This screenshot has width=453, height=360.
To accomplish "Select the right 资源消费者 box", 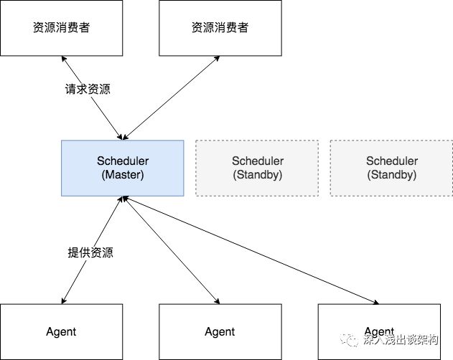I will click(220, 28).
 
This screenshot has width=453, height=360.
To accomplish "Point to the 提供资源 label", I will click(90, 252).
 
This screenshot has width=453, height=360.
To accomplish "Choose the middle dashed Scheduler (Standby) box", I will click(257, 168).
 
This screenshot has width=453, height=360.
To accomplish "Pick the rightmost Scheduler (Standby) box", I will click(391, 168).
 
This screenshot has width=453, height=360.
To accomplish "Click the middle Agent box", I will click(220, 331).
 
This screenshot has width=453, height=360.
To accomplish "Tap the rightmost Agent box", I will click(378, 331).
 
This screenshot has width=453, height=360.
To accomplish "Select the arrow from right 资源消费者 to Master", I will click(172, 97).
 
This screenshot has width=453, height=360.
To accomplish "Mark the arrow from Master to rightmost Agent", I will click(251, 251).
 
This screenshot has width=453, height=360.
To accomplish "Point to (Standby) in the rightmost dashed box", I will click(391, 174).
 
